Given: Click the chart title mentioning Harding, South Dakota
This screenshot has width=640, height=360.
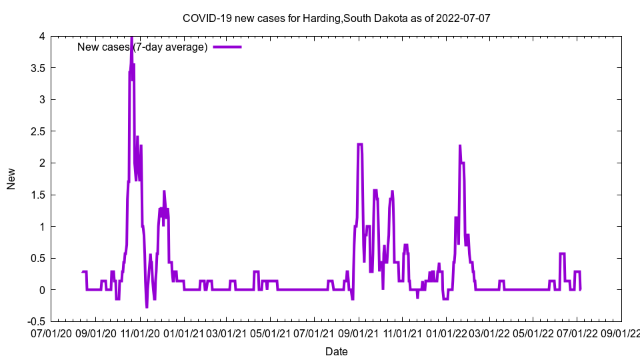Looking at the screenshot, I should [x=336, y=18].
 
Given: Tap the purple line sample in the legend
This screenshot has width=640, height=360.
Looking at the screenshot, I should [x=227, y=47].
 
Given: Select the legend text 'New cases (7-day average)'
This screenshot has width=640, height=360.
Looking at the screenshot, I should [x=143, y=47].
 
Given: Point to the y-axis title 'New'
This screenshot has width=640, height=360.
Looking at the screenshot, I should [x=11, y=179].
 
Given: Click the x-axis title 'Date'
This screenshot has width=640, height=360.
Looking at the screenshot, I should [x=336, y=351].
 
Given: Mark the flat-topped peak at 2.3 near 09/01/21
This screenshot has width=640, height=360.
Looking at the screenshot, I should [x=360, y=144].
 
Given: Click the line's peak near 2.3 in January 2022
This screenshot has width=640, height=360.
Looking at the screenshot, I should [x=460, y=146].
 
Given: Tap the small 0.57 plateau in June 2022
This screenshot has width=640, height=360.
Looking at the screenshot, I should [x=562, y=253].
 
